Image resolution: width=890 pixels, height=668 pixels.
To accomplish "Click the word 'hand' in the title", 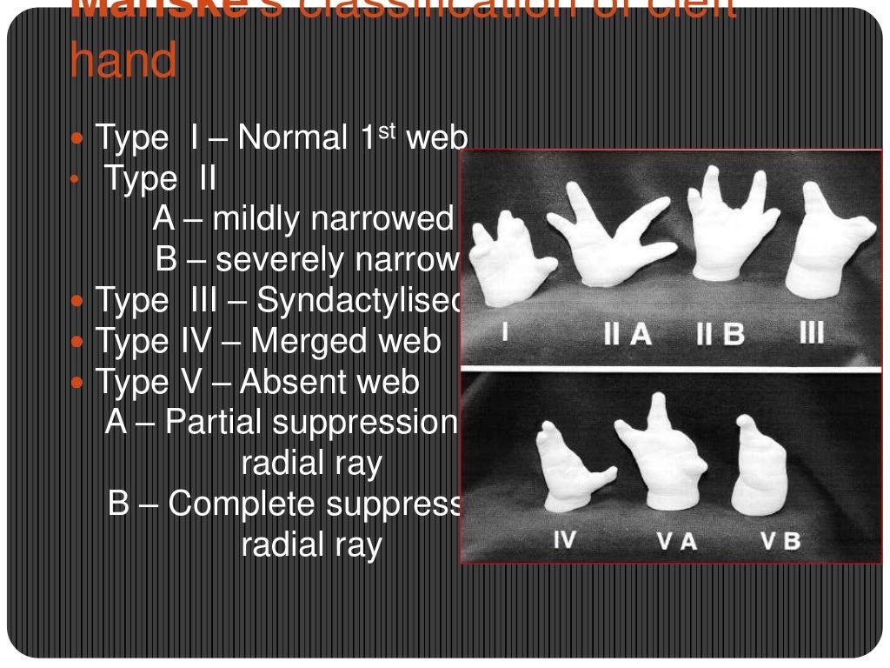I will click(x=123, y=62).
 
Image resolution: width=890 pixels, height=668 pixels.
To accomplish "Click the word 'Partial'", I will click(x=213, y=423).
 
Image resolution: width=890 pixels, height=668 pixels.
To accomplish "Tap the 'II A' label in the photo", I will click(x=628, y=334).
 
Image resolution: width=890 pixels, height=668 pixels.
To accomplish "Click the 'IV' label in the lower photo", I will click(x=564, y=540).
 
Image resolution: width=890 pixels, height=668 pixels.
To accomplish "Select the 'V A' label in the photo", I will click(x=677, y=541).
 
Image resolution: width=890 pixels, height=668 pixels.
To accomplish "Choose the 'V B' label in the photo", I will click(x=780, y=541).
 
